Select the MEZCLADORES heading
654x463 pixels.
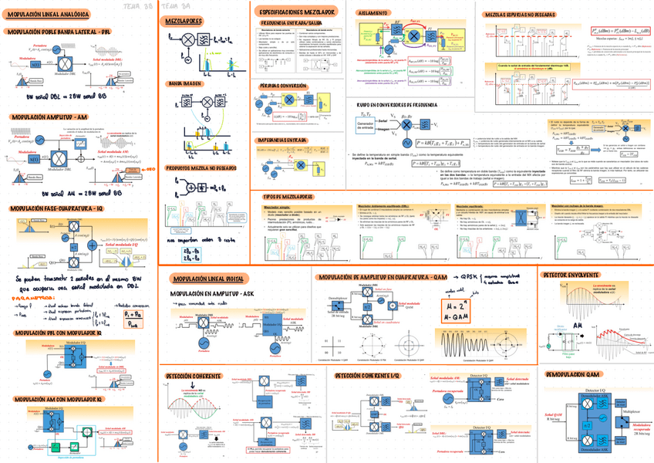click(x=184, y=22)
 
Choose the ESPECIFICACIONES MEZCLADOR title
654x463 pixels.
click(x=298, y=14)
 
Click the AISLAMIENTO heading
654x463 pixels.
click(x=373, y=15)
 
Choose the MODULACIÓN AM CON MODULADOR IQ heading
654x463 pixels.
click(x=56, y=400)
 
